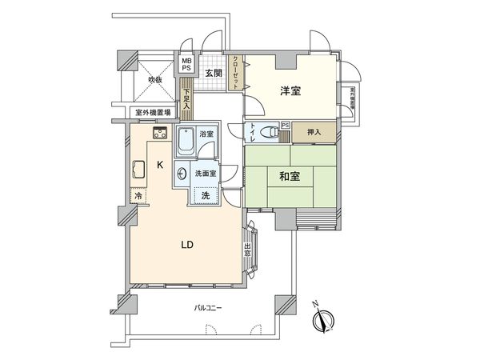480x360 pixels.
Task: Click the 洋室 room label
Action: [291, 90]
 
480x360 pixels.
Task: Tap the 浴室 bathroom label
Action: [206, 134]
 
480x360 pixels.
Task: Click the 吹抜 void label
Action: [155, 79]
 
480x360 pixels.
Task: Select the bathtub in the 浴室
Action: [185, 143]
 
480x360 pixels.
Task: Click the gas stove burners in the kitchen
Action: [158, 134]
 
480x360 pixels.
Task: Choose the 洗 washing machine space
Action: [205, 194]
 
